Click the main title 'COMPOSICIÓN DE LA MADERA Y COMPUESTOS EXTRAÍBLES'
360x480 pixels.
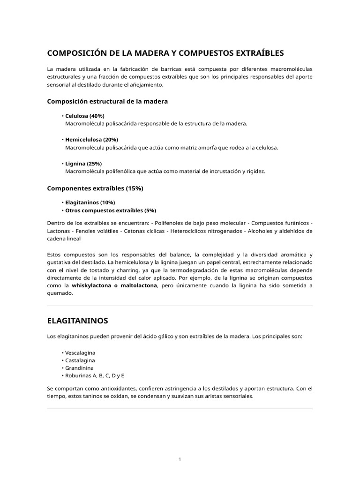[165, 53]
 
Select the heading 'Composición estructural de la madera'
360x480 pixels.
[107, 101]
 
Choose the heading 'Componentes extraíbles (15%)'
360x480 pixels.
[95, 188]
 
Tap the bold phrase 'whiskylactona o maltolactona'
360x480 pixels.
[114, 285]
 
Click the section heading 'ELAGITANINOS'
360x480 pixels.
[77, 321]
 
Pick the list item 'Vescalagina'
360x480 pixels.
[80, 352]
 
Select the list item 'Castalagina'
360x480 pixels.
[80, 360]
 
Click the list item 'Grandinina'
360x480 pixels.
[79, 368]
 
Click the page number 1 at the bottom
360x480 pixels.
[180, 459]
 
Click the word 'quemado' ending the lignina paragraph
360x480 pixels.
[60, 293]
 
